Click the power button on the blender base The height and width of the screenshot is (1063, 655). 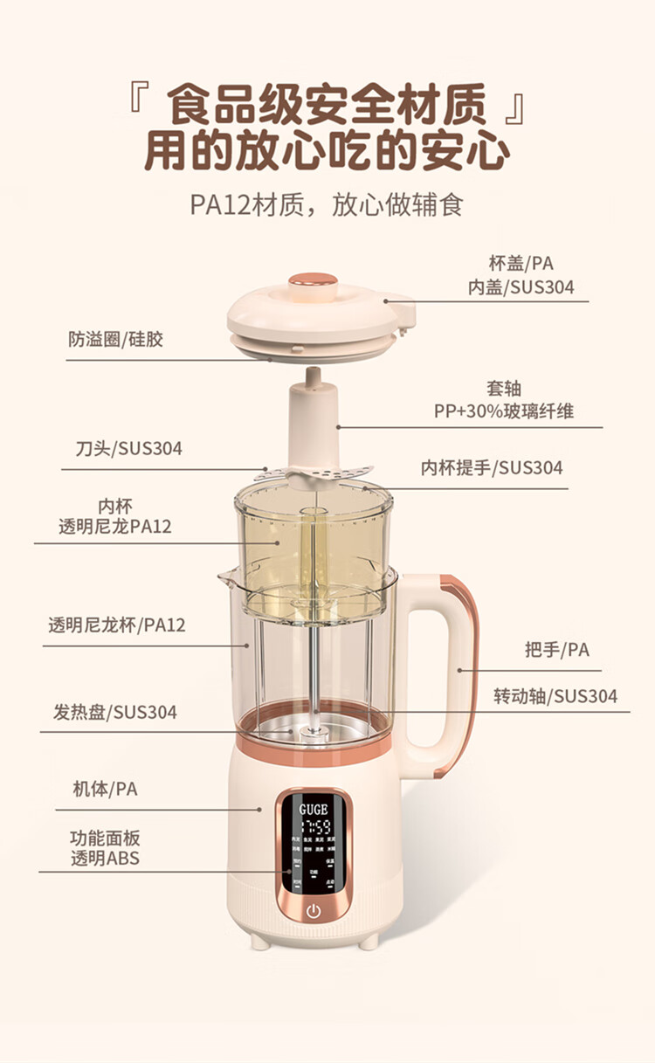pos(314,911)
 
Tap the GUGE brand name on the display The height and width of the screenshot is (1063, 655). pos(314,810)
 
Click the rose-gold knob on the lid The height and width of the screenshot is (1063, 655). pos(313,280)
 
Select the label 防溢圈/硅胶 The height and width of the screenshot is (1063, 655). pos(116,340)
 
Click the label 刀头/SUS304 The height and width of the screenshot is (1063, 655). pos(128,449)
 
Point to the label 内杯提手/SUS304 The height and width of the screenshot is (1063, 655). pos(492,467)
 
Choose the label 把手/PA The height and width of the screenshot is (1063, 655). pos(557,649)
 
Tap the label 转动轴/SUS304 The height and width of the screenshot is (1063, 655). pos(555,696)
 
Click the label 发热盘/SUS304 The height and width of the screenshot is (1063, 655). pos(114,712)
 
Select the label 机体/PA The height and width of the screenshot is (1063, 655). pos(105,789)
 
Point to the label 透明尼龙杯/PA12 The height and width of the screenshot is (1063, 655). pos(116,625)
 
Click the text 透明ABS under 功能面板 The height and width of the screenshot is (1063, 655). pos(105,858)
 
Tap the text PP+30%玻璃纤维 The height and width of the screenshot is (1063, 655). pos(504,411)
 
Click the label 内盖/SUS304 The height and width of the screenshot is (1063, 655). pos(521,286)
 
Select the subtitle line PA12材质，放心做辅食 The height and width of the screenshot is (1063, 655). pos(327,205)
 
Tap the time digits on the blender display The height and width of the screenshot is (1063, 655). pos(314,827)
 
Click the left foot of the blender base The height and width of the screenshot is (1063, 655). pos(259,942)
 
